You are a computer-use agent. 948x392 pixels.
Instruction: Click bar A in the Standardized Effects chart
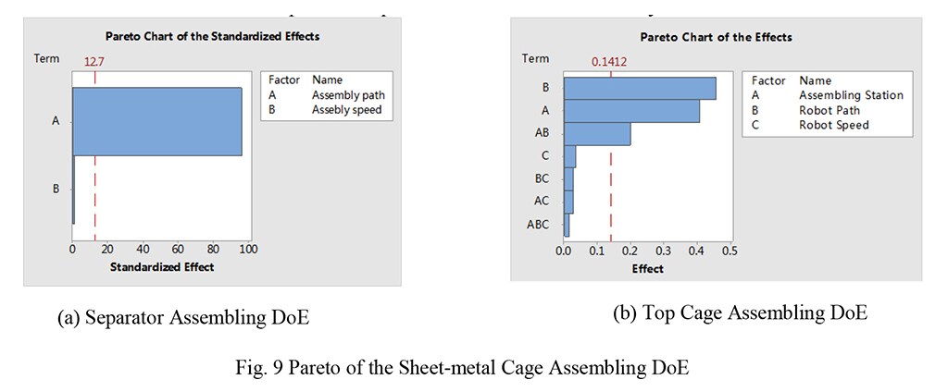tap(157, 121)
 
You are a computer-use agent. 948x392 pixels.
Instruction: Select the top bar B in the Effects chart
tap(640, 88)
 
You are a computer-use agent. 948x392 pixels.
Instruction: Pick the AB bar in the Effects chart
tap(597, 133)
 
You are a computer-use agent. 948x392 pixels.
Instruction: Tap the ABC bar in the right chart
tap(567, 224)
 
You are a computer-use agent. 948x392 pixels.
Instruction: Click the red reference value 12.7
tap(94, 62)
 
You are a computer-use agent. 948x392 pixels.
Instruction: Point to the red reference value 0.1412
tap(609, 62)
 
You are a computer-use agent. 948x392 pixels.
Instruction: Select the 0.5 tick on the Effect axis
tap(729, 251)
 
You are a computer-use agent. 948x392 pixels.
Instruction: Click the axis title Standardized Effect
tap(162, 267)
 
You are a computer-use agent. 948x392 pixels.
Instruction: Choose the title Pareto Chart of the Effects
tap(716, 37)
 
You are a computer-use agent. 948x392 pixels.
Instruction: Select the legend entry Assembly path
tap(348, 95)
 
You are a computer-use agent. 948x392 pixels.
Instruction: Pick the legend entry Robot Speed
tap(834, 124)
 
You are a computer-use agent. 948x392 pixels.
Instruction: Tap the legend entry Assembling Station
tap(851, 94)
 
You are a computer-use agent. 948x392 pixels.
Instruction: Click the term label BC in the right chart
tap(542, 178)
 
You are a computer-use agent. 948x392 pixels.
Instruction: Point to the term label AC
tap(542, 201)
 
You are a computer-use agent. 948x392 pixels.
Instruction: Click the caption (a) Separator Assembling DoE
tap(183, 318)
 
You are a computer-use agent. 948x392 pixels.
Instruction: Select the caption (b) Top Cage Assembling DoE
tap(740, 312)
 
